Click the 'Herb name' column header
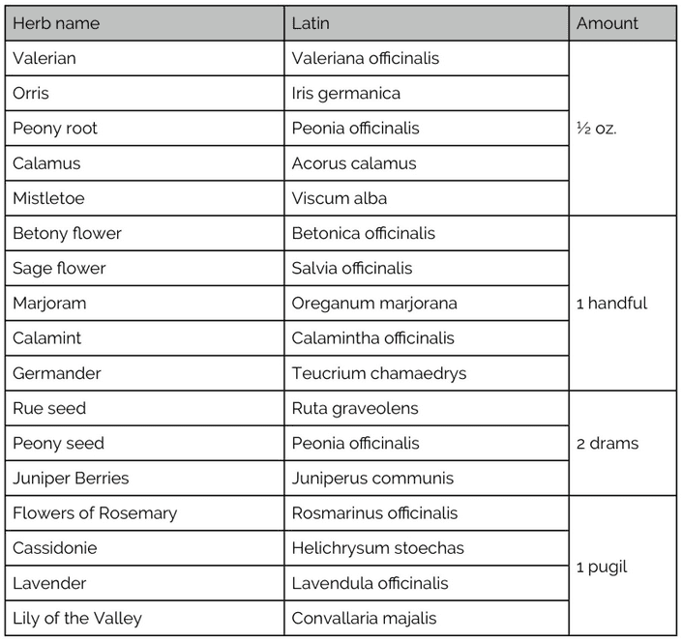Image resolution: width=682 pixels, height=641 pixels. (x=56, y=23)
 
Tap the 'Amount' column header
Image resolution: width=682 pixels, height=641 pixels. (x=608, y=23)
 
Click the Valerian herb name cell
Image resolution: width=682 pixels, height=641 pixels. (x=44, y=58)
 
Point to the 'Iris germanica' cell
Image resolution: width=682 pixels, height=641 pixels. (x=345, y=93)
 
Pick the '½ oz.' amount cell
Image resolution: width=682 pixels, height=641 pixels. (x=596, y=128)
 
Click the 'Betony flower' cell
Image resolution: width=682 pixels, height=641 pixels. (x=67, y=233)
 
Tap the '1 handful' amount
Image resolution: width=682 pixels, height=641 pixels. (x=611, y=303)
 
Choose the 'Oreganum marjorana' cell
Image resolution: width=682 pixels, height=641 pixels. (x=374, y=303)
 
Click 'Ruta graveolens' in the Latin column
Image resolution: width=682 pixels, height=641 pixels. (x=355, y=408)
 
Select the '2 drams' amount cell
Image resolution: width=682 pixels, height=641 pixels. (x=608, y=443)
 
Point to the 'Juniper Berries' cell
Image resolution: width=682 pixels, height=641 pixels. (x=71, y=478)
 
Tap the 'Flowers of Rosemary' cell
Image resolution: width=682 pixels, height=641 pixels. (x=95, y=513)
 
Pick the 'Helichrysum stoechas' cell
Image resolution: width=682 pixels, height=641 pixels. (x=377, y=548)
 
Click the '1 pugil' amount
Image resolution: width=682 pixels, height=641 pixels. (x=602, y=566)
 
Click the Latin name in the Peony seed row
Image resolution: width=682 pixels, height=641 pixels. (x=355, y=443)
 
